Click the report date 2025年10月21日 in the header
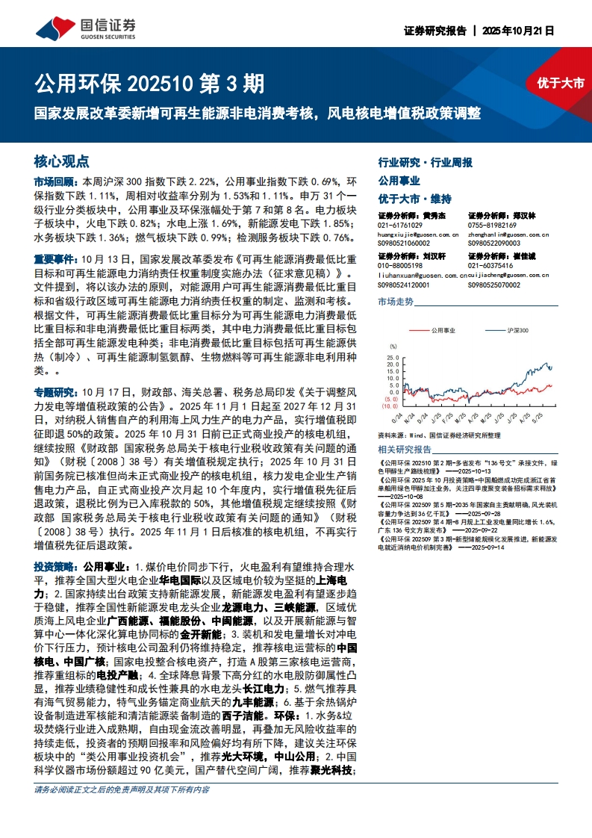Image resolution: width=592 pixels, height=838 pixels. (518, 31)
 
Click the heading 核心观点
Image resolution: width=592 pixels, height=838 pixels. (61, 161)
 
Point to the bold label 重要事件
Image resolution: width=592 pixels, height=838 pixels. (54, 259)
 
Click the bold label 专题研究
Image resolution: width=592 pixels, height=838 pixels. (54, 391)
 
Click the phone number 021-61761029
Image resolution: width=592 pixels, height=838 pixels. (400, 225)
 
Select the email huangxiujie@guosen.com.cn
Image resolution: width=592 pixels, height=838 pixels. (418, 234)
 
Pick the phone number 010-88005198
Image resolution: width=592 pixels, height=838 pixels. (400, 266)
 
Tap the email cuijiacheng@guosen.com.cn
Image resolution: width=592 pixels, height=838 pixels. (508, 275)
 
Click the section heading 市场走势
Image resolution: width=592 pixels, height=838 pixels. (395, 302)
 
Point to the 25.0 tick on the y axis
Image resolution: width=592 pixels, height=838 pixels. (393, 354)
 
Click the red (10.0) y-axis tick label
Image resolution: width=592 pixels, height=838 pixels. (391, 406)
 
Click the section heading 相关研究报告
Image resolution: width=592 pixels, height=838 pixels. (405, 450)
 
